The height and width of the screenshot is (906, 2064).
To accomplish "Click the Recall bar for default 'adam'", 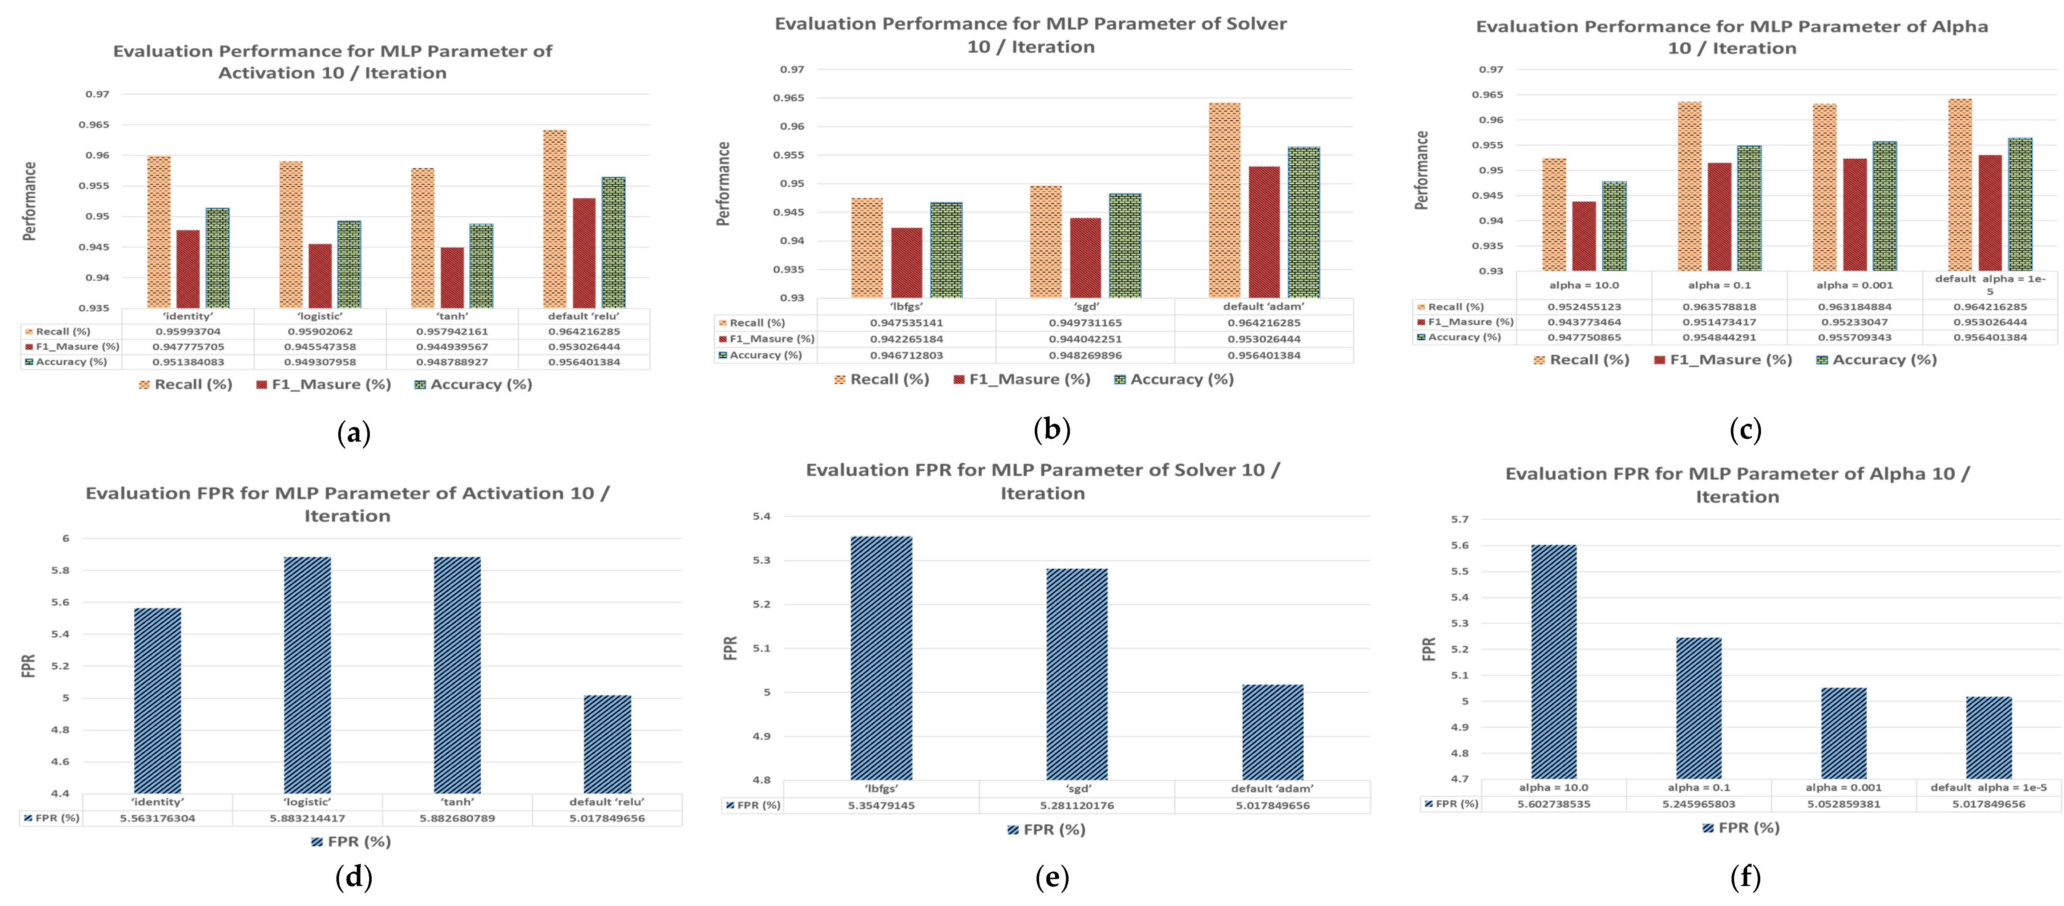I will [x=1224, y=200].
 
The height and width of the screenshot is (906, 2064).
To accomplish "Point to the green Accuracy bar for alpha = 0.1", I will [x=1749, y=208].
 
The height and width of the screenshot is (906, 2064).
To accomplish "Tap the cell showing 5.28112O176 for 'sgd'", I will [x=1077, y=805].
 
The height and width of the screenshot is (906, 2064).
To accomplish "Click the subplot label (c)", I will [x=1745, y=430].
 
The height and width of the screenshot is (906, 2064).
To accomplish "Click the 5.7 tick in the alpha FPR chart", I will [x=1460, y=519].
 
